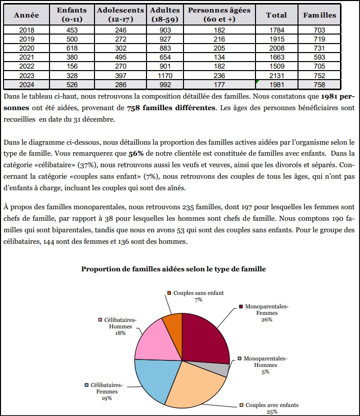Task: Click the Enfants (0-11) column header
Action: [71, 15]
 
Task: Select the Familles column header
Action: [319, 15]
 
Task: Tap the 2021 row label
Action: [26, 58]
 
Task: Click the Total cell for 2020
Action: [276, 49]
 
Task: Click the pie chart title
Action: [173, 269]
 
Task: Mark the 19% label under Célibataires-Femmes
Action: [106, 398]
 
